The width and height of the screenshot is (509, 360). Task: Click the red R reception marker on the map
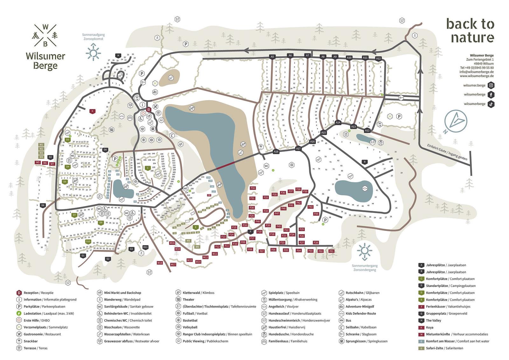pyautogui.click(x=148, y=110)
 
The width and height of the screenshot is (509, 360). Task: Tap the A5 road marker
pyautogui.click(x=272, y=57)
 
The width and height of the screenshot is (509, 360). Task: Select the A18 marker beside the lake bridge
pyautogui.click(x=276, y=152)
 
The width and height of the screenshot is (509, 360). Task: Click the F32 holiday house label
pyautogui.click(x=253, y=188)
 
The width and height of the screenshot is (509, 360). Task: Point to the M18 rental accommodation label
pyautogui.click(x=160, y=263)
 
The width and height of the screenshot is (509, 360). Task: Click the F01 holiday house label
pyautogui.click(x=331, y=251)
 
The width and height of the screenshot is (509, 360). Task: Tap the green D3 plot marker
pyautogui.click(x=67, y=140)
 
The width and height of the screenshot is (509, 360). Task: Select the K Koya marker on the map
pyautogui.click(x=92, y=111)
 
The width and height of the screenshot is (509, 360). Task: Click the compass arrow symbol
pyautogui.click(x=456, y=121)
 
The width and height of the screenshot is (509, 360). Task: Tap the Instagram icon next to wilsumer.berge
pyautogui.click(x=491, y=85)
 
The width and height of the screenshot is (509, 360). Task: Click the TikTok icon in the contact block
pyautogui.click(x=491, y=104)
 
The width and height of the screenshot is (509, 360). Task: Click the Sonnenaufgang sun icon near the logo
pyautogui.click(x=93, y=52)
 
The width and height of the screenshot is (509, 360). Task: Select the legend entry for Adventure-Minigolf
pyautogui.click(x=359, y=307)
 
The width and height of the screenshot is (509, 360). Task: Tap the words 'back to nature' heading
pyautogui.click(x=470, y=31)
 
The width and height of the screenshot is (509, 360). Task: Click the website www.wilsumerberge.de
pyautogui.click(x=477, y=76)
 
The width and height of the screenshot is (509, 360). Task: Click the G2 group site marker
pyautogui.click(x=108, y=259)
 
